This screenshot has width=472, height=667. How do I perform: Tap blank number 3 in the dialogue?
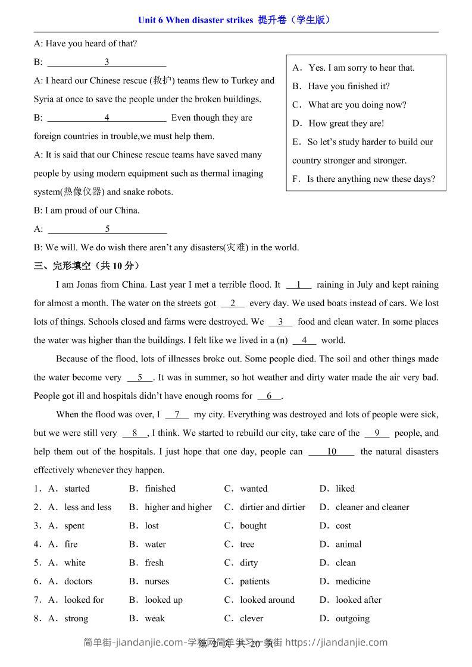[107, 62]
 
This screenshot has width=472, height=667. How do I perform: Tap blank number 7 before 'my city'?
[177, 414]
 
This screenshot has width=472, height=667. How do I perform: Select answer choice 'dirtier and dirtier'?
[272, 507]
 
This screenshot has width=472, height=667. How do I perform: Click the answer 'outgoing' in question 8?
[352, 618]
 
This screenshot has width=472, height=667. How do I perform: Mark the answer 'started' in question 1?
[77, 489]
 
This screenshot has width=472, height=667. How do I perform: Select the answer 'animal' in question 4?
[348, 544]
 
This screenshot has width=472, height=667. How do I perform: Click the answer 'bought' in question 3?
[253, 526]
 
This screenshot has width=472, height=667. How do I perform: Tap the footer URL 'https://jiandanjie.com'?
[336, 642]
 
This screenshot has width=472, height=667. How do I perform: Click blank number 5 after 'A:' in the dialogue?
[107, 229]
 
